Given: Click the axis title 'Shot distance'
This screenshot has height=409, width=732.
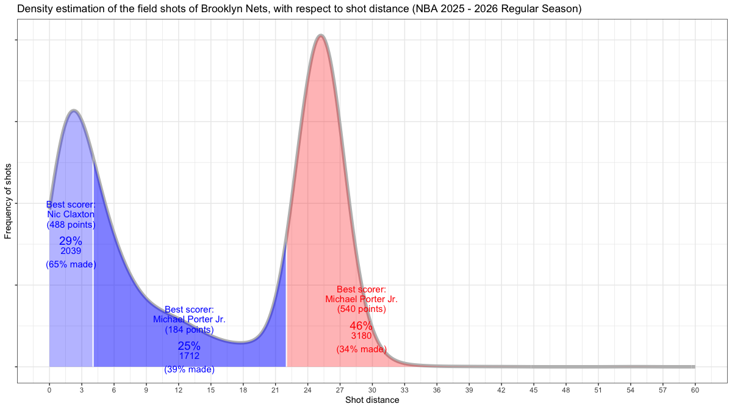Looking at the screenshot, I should [x=372, y=400].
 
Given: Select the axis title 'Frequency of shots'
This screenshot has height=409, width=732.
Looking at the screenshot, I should [x=9, y=201].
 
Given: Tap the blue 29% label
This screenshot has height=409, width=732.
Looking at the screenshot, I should [x=71, y=241].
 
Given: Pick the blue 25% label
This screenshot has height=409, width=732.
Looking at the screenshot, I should [x=189, y=346].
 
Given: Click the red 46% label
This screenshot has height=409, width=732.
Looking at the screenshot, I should [x=361, y=326].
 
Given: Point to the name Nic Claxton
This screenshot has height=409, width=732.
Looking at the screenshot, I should [x=71, y=214].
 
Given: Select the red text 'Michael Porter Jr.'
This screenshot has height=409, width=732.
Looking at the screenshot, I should [x=362, y=299].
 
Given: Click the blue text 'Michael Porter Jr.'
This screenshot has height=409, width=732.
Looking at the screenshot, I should [x=189, y=319].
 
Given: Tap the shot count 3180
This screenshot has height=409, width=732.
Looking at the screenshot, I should [x=361, y=336].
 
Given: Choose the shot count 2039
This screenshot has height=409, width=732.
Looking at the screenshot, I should [x=71, y=251].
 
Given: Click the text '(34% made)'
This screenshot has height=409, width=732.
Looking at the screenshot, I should [x=361, y=349].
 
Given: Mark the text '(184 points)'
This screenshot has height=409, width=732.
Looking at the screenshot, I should [x=189, y=330].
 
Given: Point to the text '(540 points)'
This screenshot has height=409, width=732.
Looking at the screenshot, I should [x=362, y=309].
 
